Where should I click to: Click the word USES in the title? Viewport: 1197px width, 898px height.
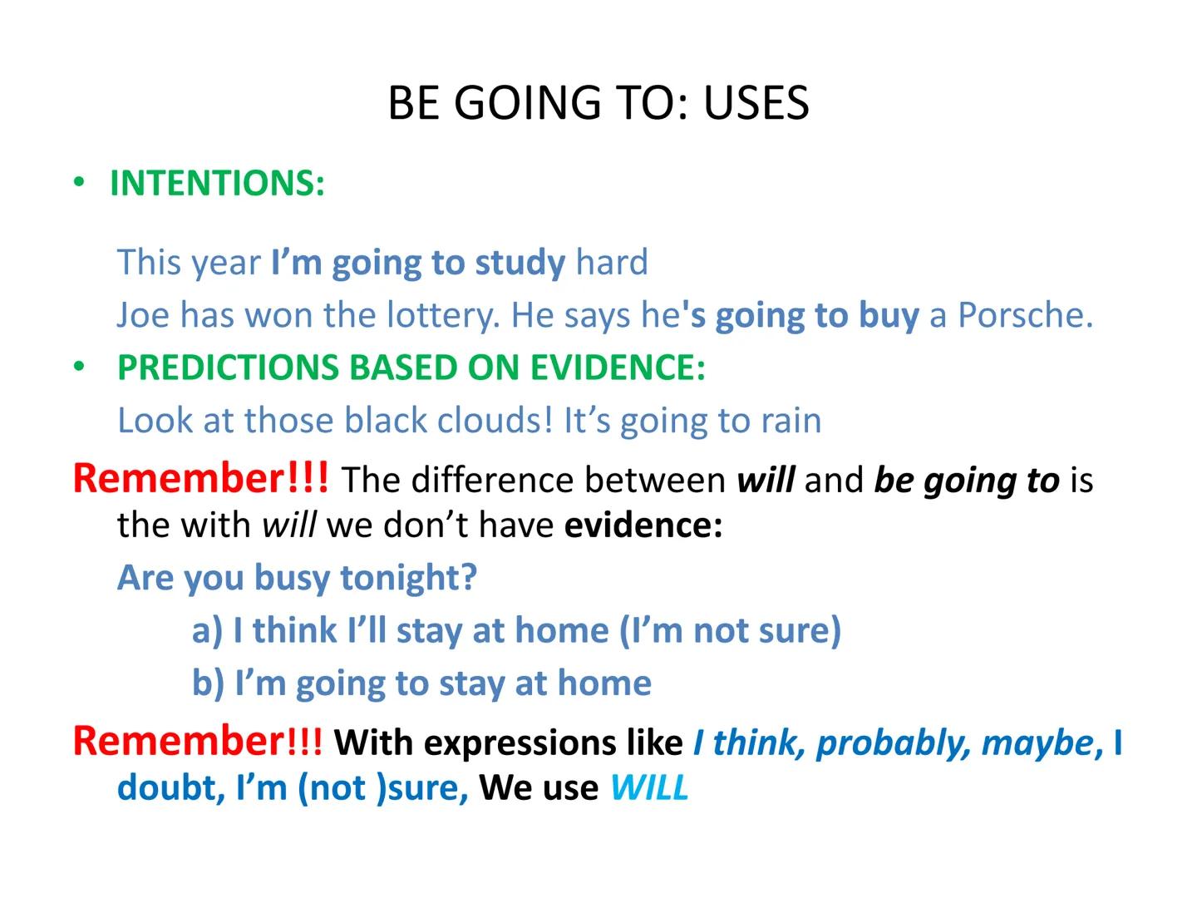click(756, 103)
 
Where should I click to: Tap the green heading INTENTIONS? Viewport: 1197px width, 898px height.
click(217, 183)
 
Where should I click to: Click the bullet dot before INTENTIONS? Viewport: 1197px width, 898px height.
click(79, 182)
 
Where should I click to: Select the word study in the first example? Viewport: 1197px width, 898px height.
click(520, 263)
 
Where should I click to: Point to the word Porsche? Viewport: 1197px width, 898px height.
click(1024, 315)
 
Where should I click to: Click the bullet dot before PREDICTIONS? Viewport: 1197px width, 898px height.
click(79, 367)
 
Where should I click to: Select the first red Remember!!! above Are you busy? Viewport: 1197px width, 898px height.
click(200, 479)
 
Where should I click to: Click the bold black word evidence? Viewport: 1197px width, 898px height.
click(643, 525)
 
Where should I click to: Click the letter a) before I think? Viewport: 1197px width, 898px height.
click(207, 630)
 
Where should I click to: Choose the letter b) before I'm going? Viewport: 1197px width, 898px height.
click(208, 683)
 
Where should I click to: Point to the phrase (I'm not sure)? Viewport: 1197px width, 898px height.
click(731, 630)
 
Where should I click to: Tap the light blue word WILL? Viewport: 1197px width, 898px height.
click(649, 787)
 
